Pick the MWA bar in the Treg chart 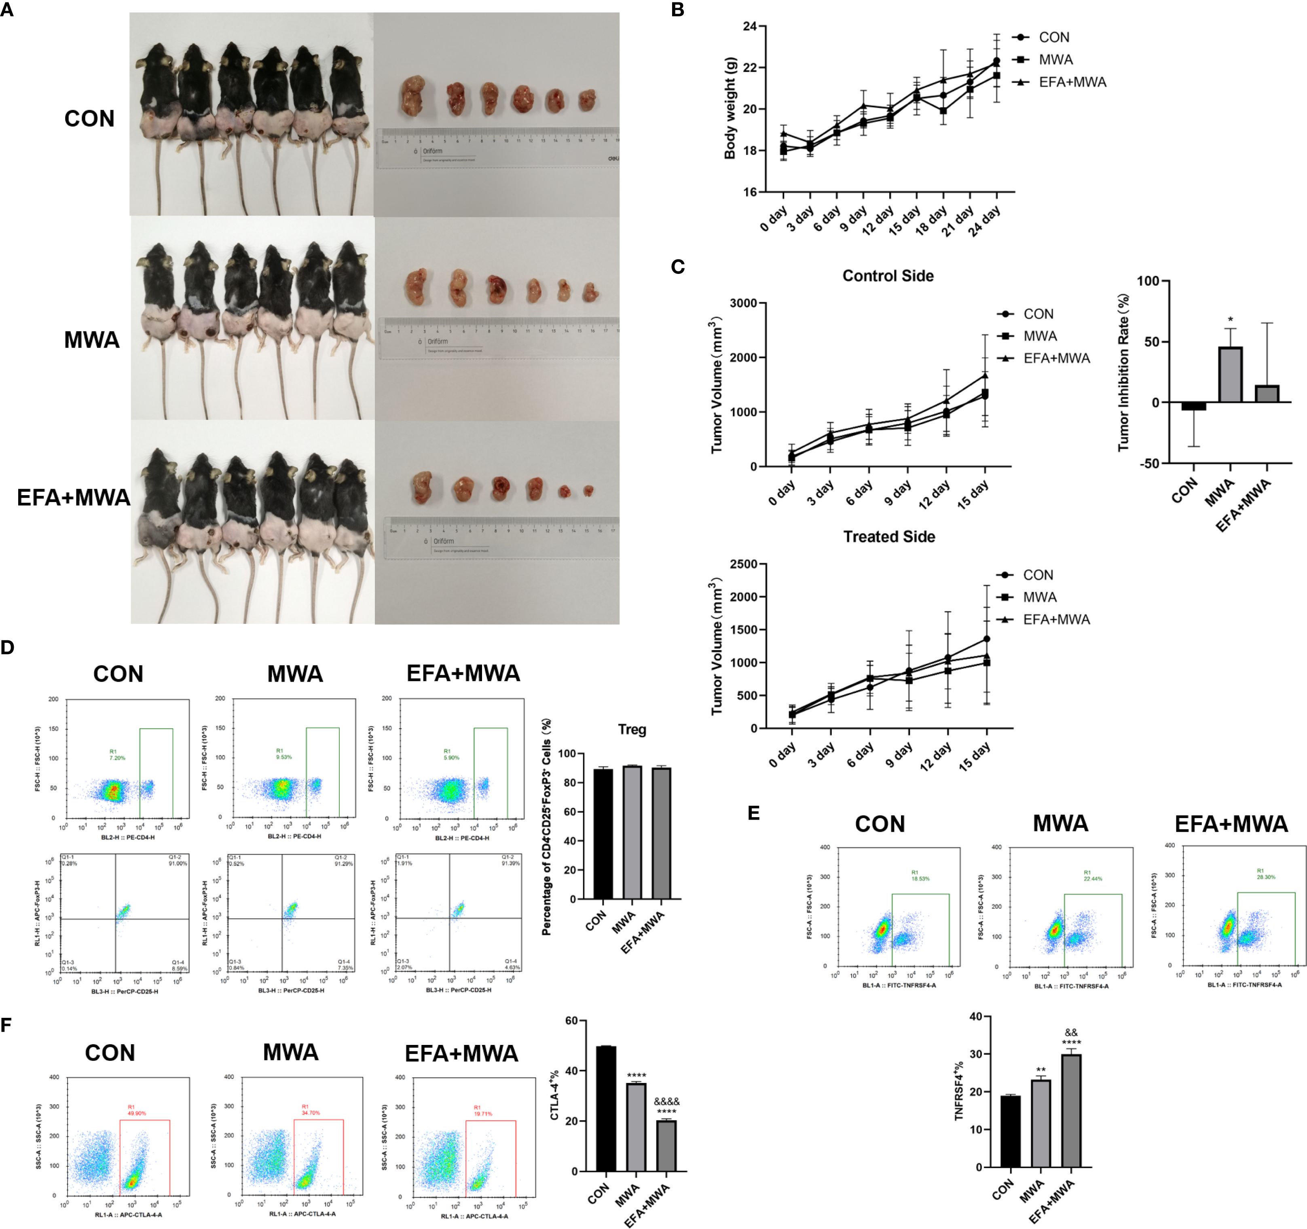tap(632, 832)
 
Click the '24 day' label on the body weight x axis tap(984, 220)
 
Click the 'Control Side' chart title tap(888, 276)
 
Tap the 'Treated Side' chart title tap(889, 537)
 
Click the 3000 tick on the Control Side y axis tap(744, 303)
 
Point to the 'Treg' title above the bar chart tap(632, 729)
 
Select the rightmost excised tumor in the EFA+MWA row tap(588, 491)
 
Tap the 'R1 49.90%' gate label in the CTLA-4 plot tap(136, 1110)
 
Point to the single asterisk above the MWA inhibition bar tap(1231, 320)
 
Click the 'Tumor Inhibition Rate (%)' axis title tap(1124, 371)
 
